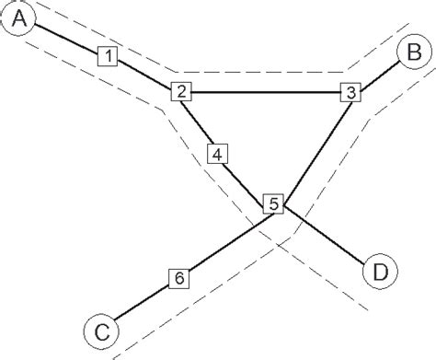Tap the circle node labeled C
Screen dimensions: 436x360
[100, 331]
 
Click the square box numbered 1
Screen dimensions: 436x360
[108, 57]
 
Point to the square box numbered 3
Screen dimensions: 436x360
[350, 92]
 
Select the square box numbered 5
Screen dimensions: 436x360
[273, 204]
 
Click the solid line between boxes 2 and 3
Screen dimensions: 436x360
[267, 91]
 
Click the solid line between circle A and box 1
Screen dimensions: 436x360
[67, 38]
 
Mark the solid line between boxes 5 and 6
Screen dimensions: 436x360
[226, 239]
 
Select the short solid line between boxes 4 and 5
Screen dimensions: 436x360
[245, 179]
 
